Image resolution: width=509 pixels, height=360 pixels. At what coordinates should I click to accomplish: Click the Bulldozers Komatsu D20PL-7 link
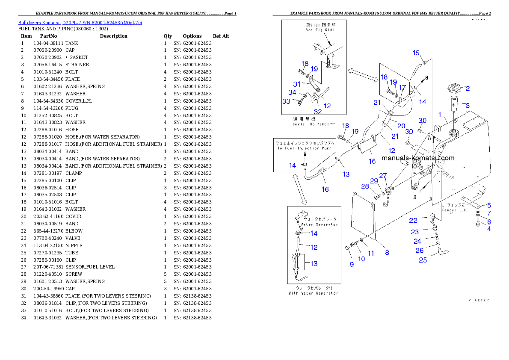point(80,23)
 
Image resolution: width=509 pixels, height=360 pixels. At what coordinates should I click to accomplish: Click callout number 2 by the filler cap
point(468,89)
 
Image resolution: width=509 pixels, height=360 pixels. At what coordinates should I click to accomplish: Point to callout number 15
point(416,53)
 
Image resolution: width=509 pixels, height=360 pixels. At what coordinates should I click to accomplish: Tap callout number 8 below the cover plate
point(387,252)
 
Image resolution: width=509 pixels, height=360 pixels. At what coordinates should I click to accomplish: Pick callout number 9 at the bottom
point(352,264)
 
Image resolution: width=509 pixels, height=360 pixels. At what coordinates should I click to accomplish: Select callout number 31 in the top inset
point(297,84)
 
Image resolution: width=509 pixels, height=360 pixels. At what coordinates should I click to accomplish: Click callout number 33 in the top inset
point(286,101)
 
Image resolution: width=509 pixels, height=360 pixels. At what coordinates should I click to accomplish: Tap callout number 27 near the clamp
point(383,175)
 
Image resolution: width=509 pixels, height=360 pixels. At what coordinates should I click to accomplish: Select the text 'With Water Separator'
point(314,293)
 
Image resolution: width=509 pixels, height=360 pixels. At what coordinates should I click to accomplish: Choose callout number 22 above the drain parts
point(413,220)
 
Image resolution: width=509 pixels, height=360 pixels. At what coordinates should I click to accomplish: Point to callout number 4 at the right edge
point(488,229)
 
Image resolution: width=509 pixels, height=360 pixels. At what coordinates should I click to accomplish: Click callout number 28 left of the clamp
point(365,186)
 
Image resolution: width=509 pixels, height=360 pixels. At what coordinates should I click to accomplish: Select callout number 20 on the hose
point(401,126)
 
